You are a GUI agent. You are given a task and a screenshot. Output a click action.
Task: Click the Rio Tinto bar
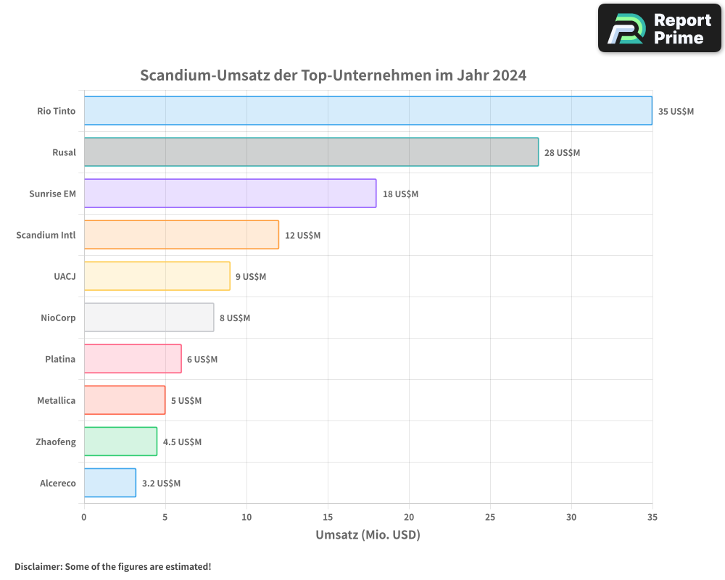[x=368, y=111]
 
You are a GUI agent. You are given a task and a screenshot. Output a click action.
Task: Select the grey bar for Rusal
[x=311, y=152]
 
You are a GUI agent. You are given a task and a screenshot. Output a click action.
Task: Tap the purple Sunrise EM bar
[x=230, y=194]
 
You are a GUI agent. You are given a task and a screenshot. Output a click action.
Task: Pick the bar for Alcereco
[x=109, y=483]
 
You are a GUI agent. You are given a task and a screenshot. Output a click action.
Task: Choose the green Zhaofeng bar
[x=120, y=442]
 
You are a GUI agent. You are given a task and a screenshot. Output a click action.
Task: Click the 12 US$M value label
[x=302, y=236]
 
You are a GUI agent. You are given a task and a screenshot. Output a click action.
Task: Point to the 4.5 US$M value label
[x=182, y=442]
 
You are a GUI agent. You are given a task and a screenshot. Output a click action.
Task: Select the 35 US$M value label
[x=676, y=112]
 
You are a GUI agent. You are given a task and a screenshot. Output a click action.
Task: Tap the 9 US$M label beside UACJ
[x=251, y=277]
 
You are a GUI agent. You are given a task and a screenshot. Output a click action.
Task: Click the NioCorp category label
[x=58, y=318]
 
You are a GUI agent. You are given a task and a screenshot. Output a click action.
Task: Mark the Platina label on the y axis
[x=60, y=359]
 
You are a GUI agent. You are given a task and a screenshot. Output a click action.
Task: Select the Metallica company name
[x=56, y=400]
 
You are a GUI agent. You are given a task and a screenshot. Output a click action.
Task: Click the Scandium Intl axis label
[x=46, y=235]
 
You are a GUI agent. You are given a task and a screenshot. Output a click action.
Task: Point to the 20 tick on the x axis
[x=409, y=517]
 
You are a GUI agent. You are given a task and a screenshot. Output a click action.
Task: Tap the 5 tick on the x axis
[x=165, y=517]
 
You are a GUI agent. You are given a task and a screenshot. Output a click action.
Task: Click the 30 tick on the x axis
[x=571, y=517]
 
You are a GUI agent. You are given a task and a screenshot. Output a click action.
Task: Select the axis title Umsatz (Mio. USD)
[x=368, y=535]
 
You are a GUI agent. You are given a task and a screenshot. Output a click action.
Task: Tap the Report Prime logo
[x=659, y=28]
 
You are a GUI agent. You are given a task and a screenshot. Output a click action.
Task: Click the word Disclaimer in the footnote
[x=38, y=566]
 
